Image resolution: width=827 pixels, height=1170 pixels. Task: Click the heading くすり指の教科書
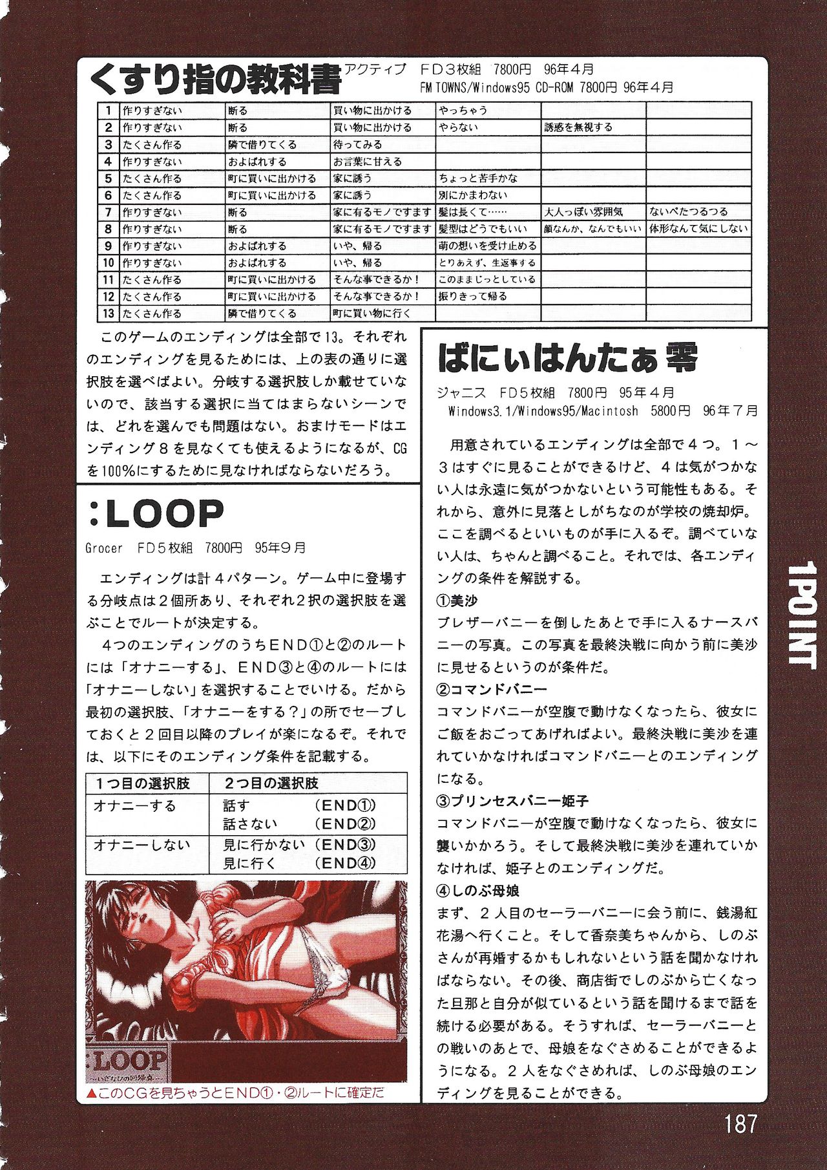(215, 81)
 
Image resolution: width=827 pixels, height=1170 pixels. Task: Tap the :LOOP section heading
(155, 515)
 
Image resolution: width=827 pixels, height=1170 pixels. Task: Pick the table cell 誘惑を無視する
(578, 127)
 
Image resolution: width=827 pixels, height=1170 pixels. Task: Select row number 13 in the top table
(108, 314)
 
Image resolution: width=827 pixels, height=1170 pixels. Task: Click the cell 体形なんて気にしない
(698, 229)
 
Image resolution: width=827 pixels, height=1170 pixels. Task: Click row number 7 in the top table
(108, 212)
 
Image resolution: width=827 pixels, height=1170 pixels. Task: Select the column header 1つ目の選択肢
(143, 783)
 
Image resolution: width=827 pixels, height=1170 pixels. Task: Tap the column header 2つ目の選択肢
(271, 783)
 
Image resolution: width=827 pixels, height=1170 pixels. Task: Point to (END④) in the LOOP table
(345, 863)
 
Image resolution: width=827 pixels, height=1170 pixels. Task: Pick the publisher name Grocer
(104, 548)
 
